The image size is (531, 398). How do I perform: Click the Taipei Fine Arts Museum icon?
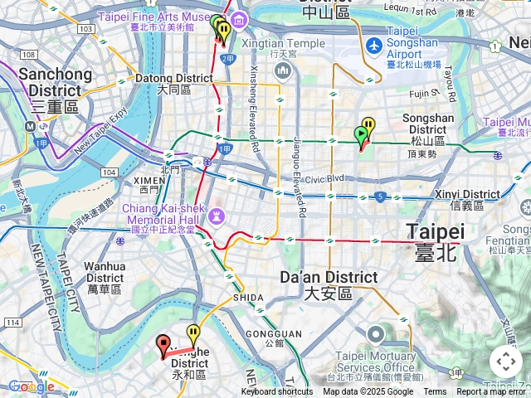[x=240, y=20]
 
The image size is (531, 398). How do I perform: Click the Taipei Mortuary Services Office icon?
[x=376, y=335]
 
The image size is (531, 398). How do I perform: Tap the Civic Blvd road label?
[x=324, y=178]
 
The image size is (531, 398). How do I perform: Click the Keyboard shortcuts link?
[x=277, y=392]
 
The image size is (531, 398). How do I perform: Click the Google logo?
[x=32, y=386]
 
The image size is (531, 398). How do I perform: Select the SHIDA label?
[x=248, y=297]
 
